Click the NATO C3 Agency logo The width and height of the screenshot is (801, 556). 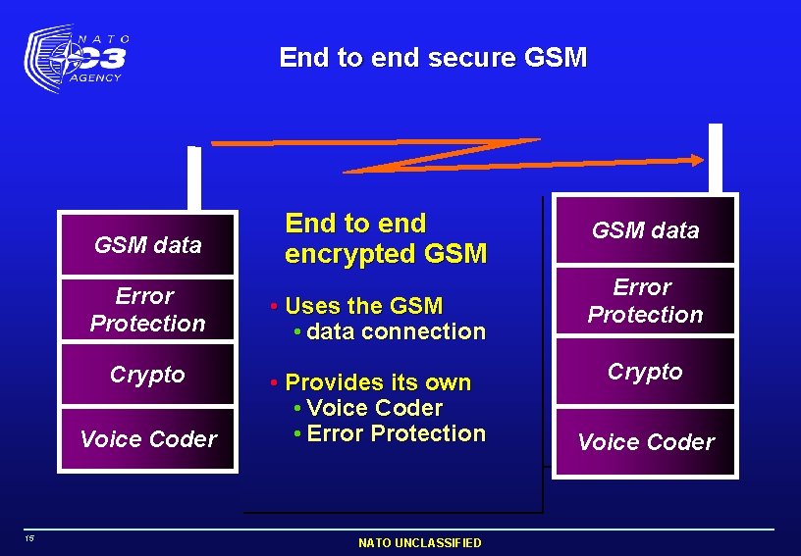point(77,58)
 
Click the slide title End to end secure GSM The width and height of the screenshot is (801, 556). point(433,58)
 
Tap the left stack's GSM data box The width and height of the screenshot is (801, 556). point(147,244)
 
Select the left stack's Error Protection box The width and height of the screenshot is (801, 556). point(147,309)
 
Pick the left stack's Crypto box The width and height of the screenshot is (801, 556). point(147,375)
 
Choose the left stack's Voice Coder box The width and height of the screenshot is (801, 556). point(147,438)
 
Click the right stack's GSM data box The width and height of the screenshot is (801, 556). point(645,230)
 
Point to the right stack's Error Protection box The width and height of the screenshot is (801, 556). point(645,301)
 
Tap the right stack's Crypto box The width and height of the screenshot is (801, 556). point(645,371)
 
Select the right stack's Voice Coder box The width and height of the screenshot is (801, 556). point(645,441)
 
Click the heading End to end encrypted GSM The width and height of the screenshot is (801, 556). point(385,239)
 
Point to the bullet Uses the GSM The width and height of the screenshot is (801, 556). point(363,306)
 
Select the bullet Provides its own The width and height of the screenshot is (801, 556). point(377,382)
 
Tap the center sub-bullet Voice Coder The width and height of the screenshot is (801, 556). point(374,408)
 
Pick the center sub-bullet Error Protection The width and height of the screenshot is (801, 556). point(396,433)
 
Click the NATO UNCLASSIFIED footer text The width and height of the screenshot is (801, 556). point(419,542)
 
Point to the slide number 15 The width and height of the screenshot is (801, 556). point(30,537)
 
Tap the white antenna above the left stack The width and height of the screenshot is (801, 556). point(194,177)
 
